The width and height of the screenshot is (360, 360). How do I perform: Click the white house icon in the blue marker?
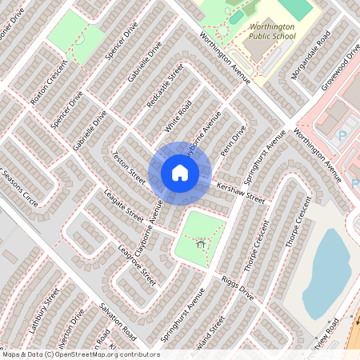point(180,173)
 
